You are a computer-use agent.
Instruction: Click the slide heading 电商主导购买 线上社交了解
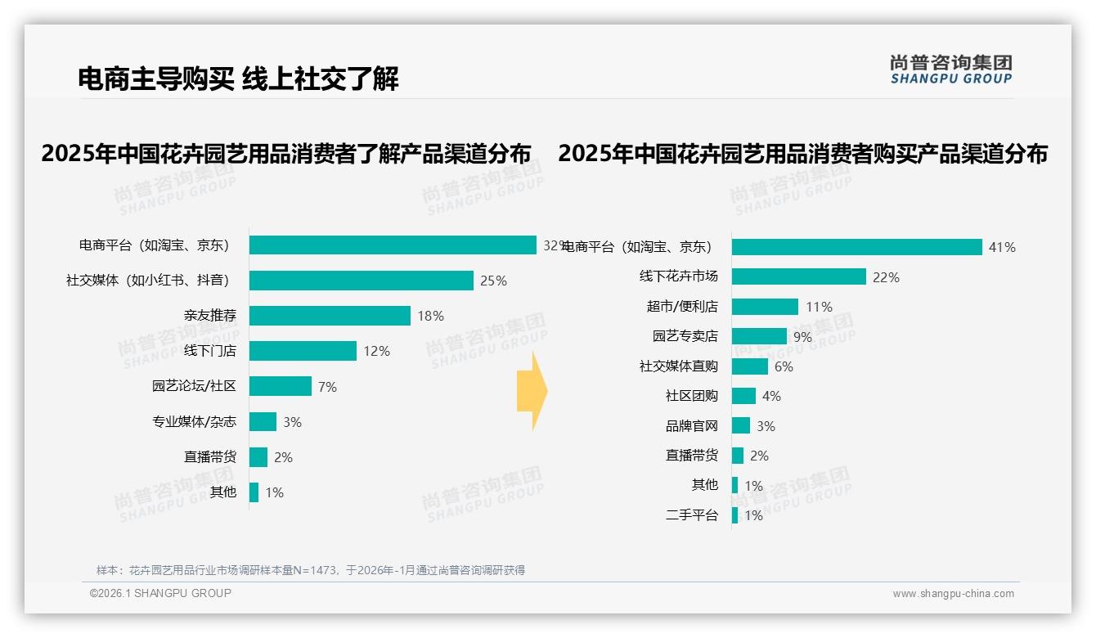coord(238,79)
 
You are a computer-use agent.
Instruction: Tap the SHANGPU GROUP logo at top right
coord(950,70)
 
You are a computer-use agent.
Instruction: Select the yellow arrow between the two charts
coord(532,392)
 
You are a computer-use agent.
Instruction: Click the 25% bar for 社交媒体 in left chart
coord(361,281)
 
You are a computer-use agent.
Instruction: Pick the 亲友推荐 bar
coord(330,316)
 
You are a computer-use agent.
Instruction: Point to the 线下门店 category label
coord(209,351)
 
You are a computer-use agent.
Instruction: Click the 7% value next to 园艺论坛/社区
coord(327,387)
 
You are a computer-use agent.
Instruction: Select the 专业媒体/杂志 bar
coord(263,422)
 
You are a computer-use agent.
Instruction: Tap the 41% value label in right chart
coord(1002,247)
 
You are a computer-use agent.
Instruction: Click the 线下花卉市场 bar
coord(798,277)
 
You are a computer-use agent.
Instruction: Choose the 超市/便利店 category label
coord(681,307)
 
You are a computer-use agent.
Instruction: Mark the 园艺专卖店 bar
coord(759,336)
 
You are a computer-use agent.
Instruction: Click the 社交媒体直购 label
coord(678,366)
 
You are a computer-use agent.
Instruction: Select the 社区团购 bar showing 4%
coord(743,396)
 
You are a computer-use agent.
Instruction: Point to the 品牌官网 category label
coord(691,426)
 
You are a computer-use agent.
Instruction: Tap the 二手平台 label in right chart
coord(691,515)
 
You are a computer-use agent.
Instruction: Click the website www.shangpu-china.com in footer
coord(953,594)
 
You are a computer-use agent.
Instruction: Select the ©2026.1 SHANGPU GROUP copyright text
coord(160,593)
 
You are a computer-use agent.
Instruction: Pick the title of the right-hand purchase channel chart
coord(802,154)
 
